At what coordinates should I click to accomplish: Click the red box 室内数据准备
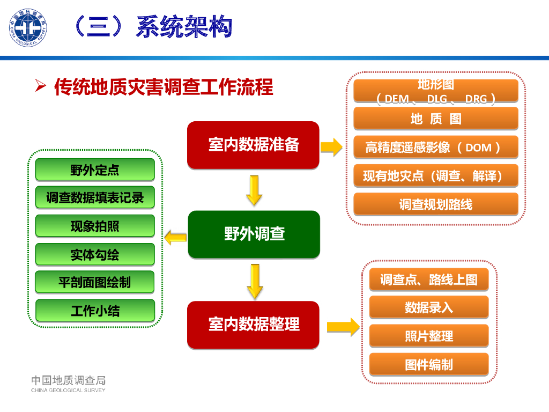(x=253, y=144)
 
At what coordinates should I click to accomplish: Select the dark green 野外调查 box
(x=254, y=234)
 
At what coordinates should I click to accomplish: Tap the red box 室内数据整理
(x=253, y=324)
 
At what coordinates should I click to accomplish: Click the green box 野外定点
(x=95, y=170)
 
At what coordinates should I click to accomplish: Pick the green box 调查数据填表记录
(x=95, y=197)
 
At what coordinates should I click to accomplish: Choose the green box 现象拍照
(x=95, y=226)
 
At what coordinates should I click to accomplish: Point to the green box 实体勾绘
(x=95, y=254)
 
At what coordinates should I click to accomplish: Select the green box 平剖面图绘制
(x=95, y=282)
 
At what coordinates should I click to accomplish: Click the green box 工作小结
(x=95, y=310)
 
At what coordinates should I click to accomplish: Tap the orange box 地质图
(x=436, y=119)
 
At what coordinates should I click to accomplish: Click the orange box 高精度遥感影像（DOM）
(x=436, y=147)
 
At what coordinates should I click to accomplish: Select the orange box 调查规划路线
(x=436, y=204)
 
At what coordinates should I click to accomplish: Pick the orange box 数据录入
(x=429, y=307)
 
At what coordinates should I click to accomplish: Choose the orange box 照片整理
(x=429, y=336)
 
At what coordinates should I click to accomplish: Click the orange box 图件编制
(x=429, y=365)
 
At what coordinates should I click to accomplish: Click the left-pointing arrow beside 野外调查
(x=175, y=236)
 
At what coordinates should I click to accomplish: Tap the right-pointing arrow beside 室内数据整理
(x=343, y=326)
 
